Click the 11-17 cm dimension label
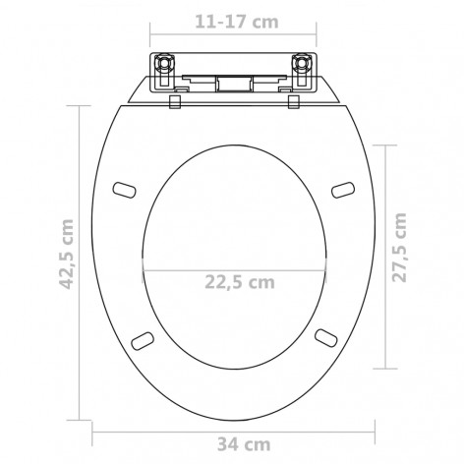click(x=233, y=17)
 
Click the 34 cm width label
click(x=233, y=443)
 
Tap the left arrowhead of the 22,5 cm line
click(x=145, y=268)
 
